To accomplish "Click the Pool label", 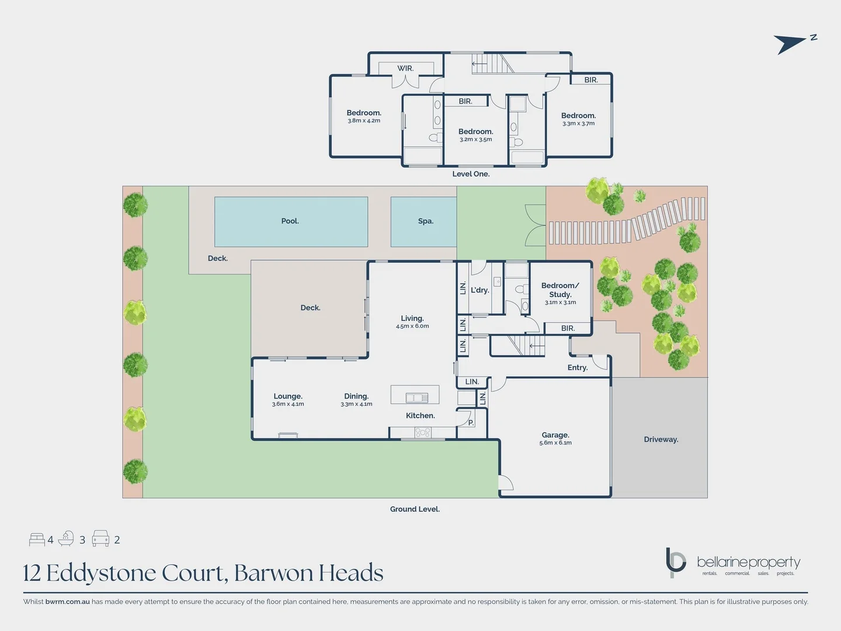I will pyautogui.click(x=290, y=221).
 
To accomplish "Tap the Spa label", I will pyautogui.click(x=426, y=221).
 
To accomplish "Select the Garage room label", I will pyautogui.click(x=555, y=435).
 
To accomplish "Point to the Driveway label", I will pyautogui.click(x=661, y=439).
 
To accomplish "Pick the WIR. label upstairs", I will pyautogui.click(x=405, y=68).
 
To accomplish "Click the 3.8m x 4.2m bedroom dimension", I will pyautogui.click(x=364, y=121).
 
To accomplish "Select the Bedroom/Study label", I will pyautogui.click(x=560, y=290).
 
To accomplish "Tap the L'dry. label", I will pyautogui.click(x=479, y=290).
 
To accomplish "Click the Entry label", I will pyautogui.click(x=577, y=367).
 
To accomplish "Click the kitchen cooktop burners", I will pyautogui.click(x=423, y=432).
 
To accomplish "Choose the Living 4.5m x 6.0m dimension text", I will pyautogui.click(x=412, y=326).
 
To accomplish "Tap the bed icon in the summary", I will pyautogui.click(x=37, y=539).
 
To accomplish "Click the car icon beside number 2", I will pyautogui.click(x=100, y=539).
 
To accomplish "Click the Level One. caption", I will pyautogui.click(x=471, y=174).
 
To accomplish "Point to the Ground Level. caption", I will pyautogui.click(x=415, y=509).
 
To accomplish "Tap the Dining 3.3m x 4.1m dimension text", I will pyautogui.click(x=356, y=404).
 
